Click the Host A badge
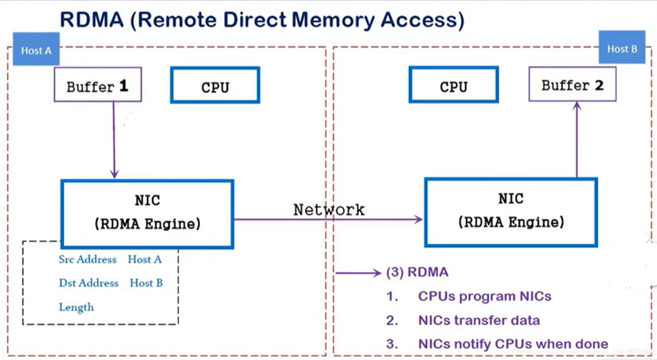coord(36,49)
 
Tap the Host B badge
coord(622,47)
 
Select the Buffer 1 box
coord(97,84)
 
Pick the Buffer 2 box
coord(572,84)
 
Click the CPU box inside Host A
coord(215,85)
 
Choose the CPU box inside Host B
coord(453,84)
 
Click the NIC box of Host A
coord(147,214)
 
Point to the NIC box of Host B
coord(510,212)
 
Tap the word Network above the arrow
coord(329,209)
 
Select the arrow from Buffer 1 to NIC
coord(113,140)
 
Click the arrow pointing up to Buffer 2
coord(577,139)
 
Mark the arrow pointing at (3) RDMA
coord(358,273)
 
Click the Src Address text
coord(88,259)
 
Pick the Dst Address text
coord(88,283)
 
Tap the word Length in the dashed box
coord(76,307)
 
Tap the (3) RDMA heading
coord(417,272)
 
